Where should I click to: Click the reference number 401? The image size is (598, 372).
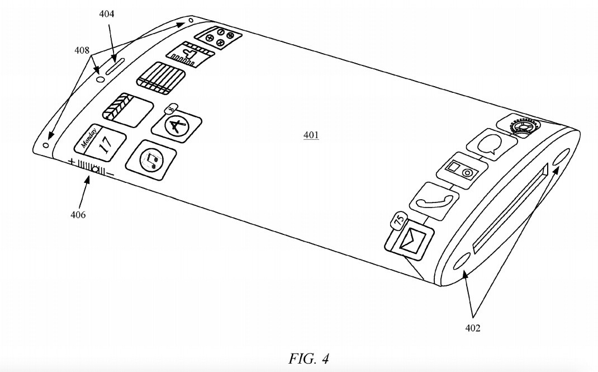pyautogui.click(x=311, y=135)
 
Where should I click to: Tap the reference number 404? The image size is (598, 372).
pyautogui.click(x=107, y=14)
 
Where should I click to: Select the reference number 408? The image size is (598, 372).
pyautogui.click(x=82, y=50)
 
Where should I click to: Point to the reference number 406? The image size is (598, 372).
pyautogui.click(x=78, y=214)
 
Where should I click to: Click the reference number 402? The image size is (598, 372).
pyautogui.click(x=472, y=328)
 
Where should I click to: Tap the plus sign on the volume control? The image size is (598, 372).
pyautogui.click(x=71, y=162)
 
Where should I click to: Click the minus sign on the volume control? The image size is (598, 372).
pyautogui.click(x=110, y=175)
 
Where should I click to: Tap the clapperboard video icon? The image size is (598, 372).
pyautogui.click(x=127, y=109)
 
